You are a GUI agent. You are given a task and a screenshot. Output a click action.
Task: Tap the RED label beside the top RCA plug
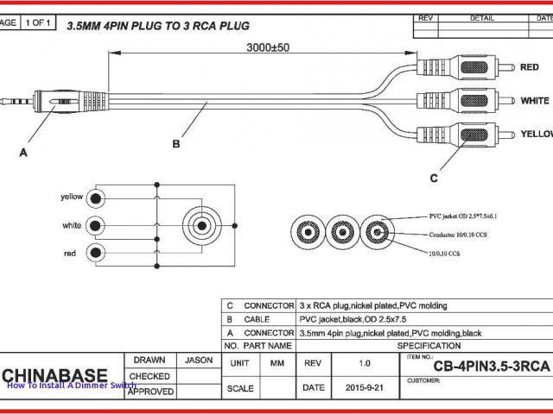530,67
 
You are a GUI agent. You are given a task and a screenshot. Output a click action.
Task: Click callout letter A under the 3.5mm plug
23,153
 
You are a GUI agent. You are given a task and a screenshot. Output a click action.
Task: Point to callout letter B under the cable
176,144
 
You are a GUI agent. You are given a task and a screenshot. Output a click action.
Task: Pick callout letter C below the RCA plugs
434,178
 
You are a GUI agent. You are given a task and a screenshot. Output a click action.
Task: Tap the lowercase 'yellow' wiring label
72,197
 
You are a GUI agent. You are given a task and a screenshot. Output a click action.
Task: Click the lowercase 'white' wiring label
73,225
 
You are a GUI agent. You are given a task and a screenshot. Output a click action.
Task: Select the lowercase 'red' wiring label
70,253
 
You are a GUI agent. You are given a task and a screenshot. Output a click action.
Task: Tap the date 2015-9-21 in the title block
364,388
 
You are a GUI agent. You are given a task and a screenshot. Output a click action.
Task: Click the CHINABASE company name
54,375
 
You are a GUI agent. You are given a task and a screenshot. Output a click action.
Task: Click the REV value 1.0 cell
364,364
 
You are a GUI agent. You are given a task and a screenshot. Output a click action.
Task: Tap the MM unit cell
277,364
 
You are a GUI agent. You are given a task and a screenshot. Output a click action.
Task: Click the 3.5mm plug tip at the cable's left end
7,101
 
